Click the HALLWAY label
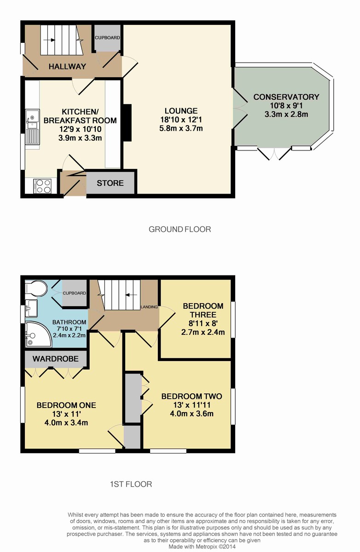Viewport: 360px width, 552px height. (x=67, y=66)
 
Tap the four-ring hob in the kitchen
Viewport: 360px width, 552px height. (x=43, y=186)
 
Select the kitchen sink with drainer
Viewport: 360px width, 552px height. (x=32, y=127)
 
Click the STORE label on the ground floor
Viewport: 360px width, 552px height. (x=110, y=183)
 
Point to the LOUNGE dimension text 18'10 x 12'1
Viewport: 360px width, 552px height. (x=181, y=120)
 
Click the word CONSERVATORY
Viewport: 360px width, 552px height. (x=286, y=97)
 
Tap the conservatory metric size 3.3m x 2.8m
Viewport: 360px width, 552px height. (x=286, y=115)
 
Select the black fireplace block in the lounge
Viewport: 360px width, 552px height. (x=127, y=122)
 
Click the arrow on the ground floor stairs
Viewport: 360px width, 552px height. (x=51, y=40)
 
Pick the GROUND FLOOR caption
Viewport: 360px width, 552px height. (x=180, y=230)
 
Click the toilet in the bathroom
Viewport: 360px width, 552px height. (x=36, y=288)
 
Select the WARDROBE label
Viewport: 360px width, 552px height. (x=56, y=359)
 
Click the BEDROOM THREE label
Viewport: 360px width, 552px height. (x=203, y=310)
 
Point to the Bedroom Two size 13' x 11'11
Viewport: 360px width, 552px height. (x=192, y=405)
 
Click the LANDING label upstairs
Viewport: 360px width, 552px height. (x=149, y=307)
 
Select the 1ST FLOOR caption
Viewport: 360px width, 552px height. (x=131, y=484)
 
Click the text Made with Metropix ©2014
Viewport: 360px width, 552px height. (x=202, y=546)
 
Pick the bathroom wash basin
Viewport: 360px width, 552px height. (x=31, y=308)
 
